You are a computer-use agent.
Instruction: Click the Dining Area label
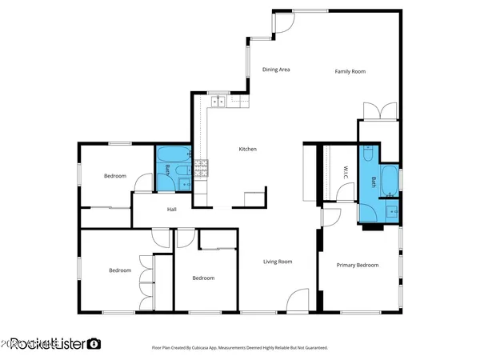(x=276, y=70)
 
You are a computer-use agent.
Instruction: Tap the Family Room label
(x=350, y=72)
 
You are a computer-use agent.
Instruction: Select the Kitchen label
(x=247, y=149)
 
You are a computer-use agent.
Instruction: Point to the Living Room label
(x=278, y=262)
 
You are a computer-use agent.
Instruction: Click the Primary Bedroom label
(x=357, y=265)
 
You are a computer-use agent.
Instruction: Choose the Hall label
(x=171, y=210)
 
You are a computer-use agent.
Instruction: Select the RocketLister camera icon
(x=94, y=343)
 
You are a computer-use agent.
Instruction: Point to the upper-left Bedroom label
(x=115, y=176)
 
